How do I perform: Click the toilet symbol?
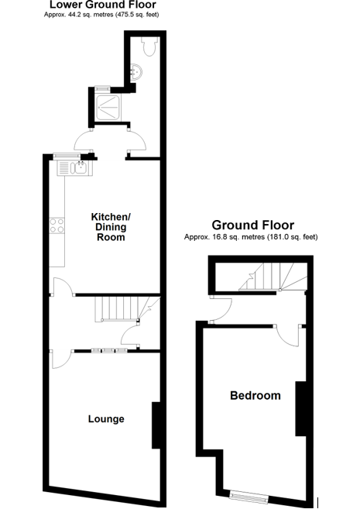(149, 46)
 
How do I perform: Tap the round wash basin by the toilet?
(137, 71)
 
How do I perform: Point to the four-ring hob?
(57, 225)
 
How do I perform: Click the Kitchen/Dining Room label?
(110, 226)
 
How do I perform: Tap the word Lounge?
(106, 419)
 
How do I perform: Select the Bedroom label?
(255, 396)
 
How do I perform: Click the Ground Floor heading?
(252, 225)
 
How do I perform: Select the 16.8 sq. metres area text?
(251, 237)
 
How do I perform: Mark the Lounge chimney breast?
(156, 425)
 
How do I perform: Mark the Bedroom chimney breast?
(302, 408)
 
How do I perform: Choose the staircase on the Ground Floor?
(267, 277)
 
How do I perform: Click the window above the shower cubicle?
(103, 87)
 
